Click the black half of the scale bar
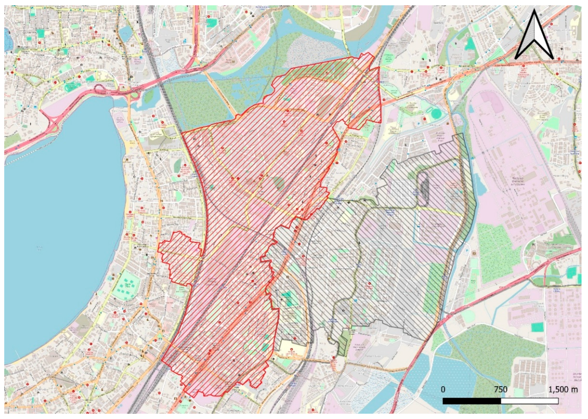(472, 408)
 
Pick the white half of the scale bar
(530, 408)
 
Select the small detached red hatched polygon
(180, 258)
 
